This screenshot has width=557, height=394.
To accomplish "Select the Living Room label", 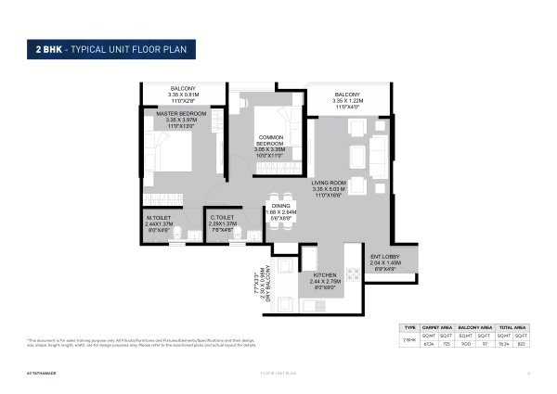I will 331,187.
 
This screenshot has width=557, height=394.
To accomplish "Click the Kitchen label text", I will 325,275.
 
